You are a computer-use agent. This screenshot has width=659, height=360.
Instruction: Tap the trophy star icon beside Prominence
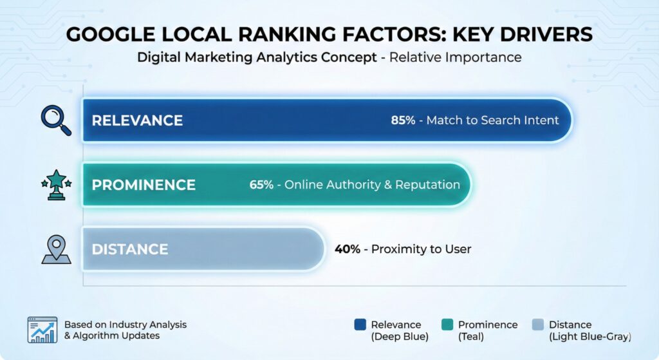tap(55, 184)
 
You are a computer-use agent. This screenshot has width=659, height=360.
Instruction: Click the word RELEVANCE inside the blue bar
tap(137, 120)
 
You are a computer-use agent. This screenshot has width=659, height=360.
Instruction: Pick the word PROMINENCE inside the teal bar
tap(144, 185)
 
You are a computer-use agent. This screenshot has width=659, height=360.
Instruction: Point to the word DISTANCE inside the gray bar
tap(129, 249)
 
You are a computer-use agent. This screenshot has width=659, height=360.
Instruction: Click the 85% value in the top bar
tap(403, 120)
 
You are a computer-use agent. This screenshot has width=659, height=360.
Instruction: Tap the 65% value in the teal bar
tap(261, 185)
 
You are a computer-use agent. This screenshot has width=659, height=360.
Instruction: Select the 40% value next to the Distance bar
tap(348, 249)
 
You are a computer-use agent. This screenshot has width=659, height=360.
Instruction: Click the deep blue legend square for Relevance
tap(360, 325)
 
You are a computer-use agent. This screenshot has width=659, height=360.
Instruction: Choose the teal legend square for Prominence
tap(447, 325)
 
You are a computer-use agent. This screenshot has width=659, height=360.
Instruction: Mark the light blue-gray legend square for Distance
tap(539, 325)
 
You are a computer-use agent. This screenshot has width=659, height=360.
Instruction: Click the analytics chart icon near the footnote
tap(42, 330)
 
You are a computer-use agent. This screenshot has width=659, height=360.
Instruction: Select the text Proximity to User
tap(422, 249)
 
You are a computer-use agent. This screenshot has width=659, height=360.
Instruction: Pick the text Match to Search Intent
tap(492, 120)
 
